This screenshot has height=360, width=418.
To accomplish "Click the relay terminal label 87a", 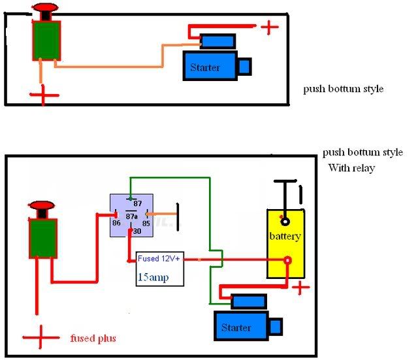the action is point(131,216).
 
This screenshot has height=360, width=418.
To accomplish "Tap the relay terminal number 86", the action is point(116,223).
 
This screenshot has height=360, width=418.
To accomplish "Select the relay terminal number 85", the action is point(146,223).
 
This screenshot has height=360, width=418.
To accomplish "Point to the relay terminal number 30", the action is point(137,231).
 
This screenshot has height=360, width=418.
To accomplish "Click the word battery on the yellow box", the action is point(285,237).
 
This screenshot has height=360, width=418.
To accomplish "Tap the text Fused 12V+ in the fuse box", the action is point(159,258).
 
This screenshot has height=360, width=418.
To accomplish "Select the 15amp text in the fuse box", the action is point(153,277).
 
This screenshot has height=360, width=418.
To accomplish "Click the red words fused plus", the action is point(93,338).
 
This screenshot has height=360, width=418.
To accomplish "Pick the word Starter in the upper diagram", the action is point(204,67).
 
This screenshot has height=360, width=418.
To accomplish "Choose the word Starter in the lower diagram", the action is point(236,327).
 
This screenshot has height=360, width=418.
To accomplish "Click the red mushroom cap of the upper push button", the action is point(45,7).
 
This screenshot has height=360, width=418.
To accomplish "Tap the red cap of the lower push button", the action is point(42,205).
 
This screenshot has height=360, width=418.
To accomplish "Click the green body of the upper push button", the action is point(46,41).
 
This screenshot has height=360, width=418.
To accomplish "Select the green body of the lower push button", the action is point(43,238).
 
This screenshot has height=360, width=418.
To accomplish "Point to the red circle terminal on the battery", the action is point(287,260).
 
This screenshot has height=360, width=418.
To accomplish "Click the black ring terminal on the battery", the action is point(285,221).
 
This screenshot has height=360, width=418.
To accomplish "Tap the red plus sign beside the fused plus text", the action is point(40,337).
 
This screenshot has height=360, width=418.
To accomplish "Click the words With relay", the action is point(351,168).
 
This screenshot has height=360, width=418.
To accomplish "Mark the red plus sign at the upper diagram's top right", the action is point(269,27).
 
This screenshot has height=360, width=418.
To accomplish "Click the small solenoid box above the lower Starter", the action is point(248,302).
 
